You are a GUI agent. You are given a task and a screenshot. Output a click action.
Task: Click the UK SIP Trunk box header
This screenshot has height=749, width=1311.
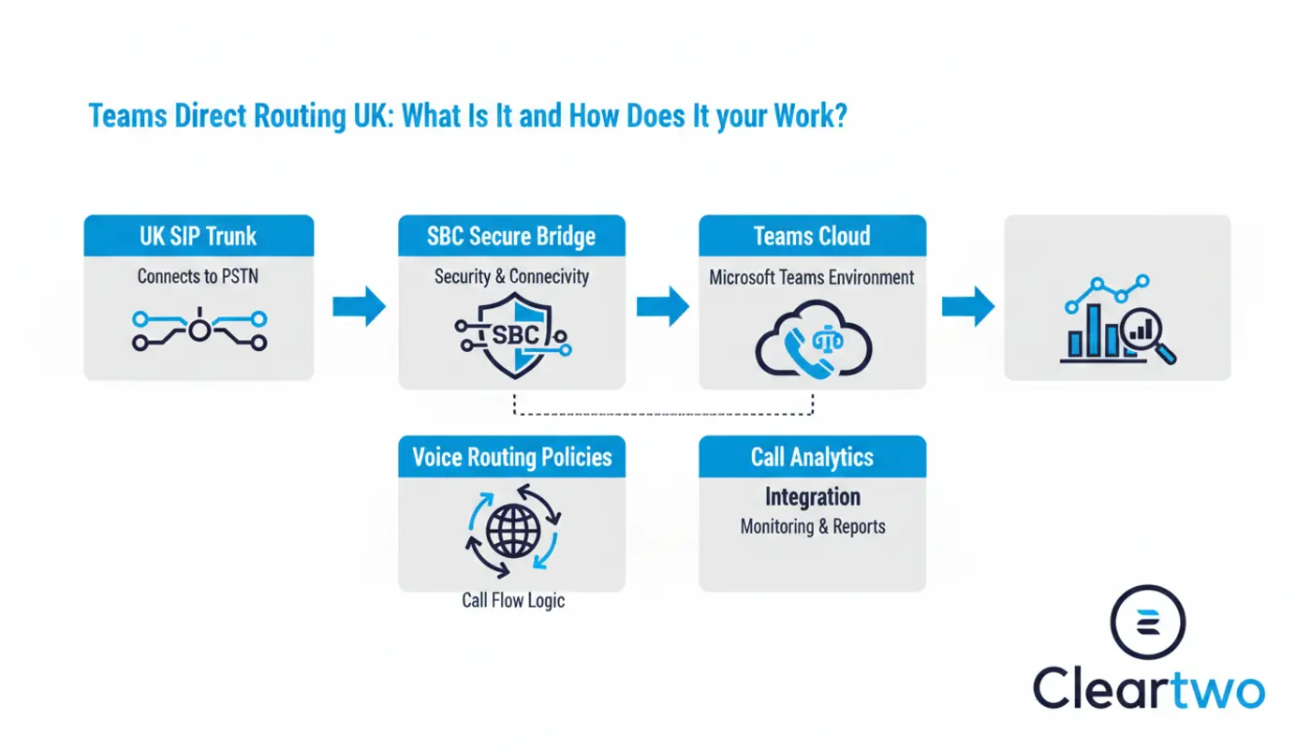(x=199, y=236)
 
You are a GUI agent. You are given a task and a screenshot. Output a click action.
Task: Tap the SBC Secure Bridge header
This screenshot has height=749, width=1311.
(x=511, y=236)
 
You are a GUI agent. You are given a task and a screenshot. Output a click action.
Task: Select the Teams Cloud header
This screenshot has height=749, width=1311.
(x=812, y=236)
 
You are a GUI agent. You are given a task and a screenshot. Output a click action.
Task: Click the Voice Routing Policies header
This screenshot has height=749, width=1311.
(x=511, y=457)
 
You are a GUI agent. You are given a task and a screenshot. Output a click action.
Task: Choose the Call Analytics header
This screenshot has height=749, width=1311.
(x=812, y=457)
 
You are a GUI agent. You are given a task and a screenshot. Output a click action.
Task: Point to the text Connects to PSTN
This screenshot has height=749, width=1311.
(x=198, y=276)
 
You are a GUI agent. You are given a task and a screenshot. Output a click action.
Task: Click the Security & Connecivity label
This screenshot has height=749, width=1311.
(x=511, y=276)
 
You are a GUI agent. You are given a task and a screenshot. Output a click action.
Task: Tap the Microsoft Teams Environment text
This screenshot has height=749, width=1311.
(x=812, y=277)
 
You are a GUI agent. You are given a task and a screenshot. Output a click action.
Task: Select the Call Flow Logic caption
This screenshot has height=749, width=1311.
(x=513, y=600)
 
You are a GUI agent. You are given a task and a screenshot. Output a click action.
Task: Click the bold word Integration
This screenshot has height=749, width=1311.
(x=812, y=496)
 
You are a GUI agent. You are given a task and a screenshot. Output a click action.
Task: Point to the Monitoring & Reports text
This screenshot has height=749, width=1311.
(x=812, y=526)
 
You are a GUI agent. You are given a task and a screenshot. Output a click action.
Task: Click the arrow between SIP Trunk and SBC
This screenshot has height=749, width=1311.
(x=359, y=306)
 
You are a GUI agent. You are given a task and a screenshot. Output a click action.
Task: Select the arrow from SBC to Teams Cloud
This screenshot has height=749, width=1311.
(x=662, y=306)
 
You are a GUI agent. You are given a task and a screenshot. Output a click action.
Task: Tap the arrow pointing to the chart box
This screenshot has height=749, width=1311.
(x=967, y=306)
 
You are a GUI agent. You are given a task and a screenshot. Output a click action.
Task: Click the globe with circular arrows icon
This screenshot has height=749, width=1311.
(x=512, y=530)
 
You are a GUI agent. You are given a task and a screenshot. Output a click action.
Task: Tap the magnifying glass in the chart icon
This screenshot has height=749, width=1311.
(x=1149, y=335)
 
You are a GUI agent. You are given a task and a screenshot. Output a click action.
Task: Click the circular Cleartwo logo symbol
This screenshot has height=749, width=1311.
(x=1147, y=623)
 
